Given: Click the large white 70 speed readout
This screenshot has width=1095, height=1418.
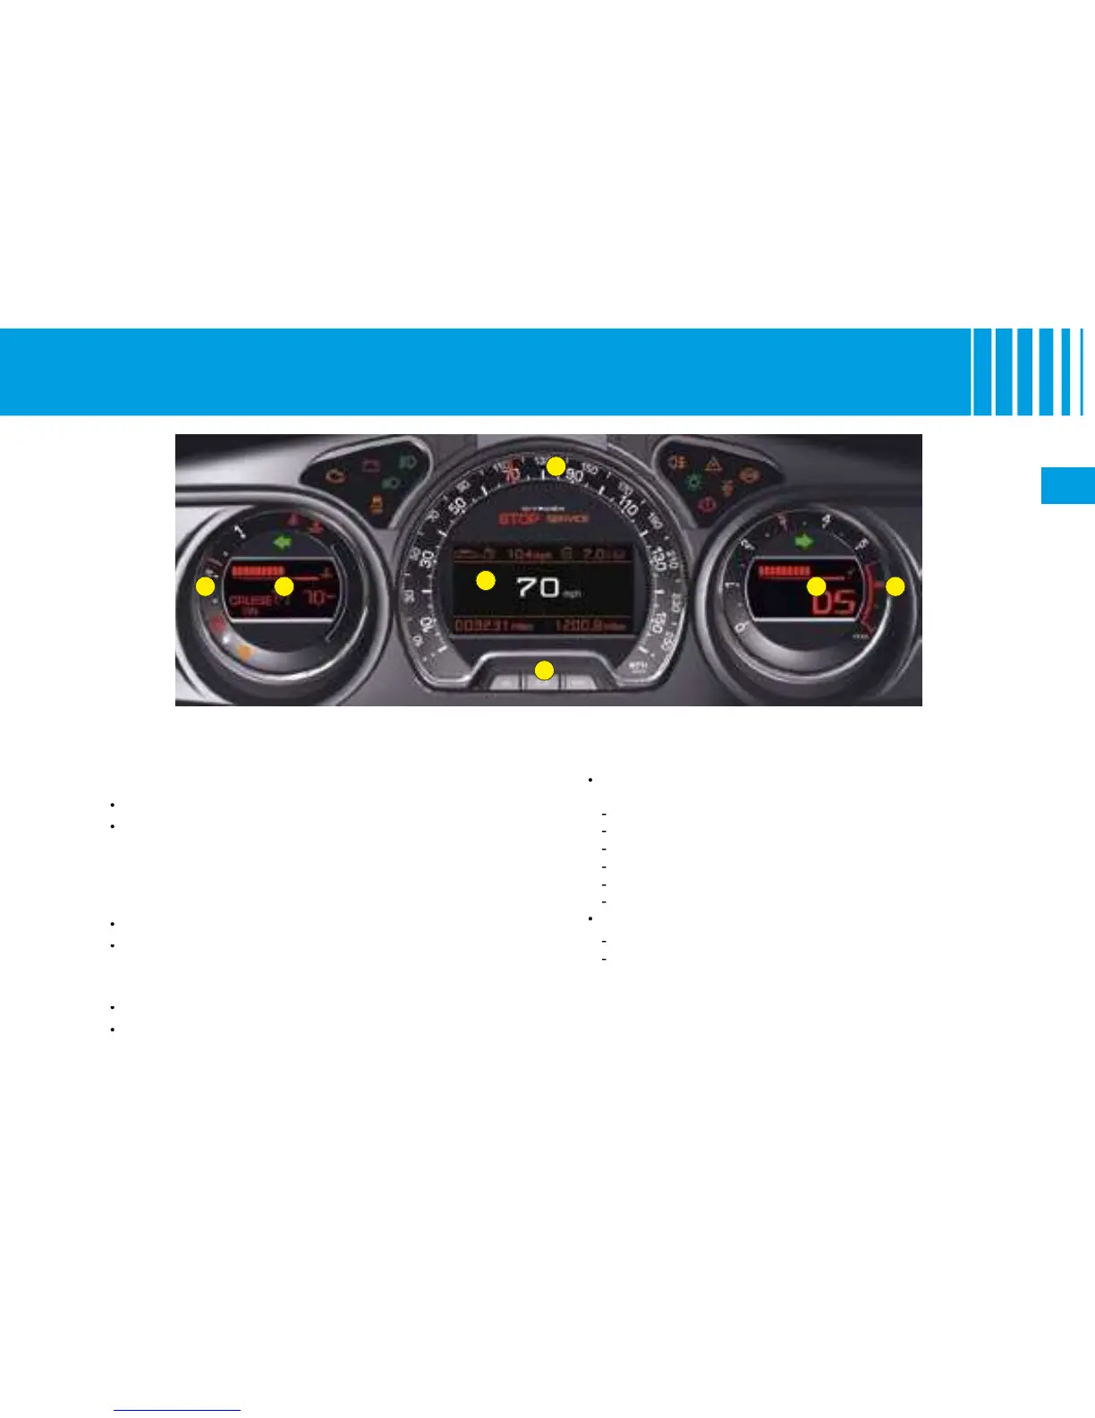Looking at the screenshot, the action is (539, 587).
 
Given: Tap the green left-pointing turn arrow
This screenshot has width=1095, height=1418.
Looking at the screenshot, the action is (284, 541).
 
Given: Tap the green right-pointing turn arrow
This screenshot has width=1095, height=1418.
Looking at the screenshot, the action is (805, 541).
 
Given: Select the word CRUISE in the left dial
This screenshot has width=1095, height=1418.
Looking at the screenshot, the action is (250, 601).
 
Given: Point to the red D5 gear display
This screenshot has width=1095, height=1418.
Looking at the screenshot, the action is (833, 601).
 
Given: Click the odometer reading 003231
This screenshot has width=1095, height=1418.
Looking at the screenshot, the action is (483, 626).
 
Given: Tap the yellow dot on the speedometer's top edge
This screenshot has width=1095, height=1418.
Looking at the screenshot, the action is (556, 466).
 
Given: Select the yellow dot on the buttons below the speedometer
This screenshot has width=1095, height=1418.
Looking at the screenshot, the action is (543, 670).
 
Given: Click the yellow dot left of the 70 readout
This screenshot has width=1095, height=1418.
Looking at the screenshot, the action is (485, 580).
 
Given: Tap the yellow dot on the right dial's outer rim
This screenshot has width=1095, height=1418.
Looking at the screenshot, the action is (896, 587).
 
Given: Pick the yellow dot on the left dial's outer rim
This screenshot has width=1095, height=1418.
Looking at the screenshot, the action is (206, 587).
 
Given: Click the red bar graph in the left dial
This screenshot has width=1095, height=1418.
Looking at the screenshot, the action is (258, 570).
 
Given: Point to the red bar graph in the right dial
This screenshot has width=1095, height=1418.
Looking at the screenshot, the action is (784, 571).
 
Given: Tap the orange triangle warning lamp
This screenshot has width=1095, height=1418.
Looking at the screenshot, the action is (714, 465).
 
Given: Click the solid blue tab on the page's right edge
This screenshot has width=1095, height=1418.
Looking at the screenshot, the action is (1067, 485).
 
